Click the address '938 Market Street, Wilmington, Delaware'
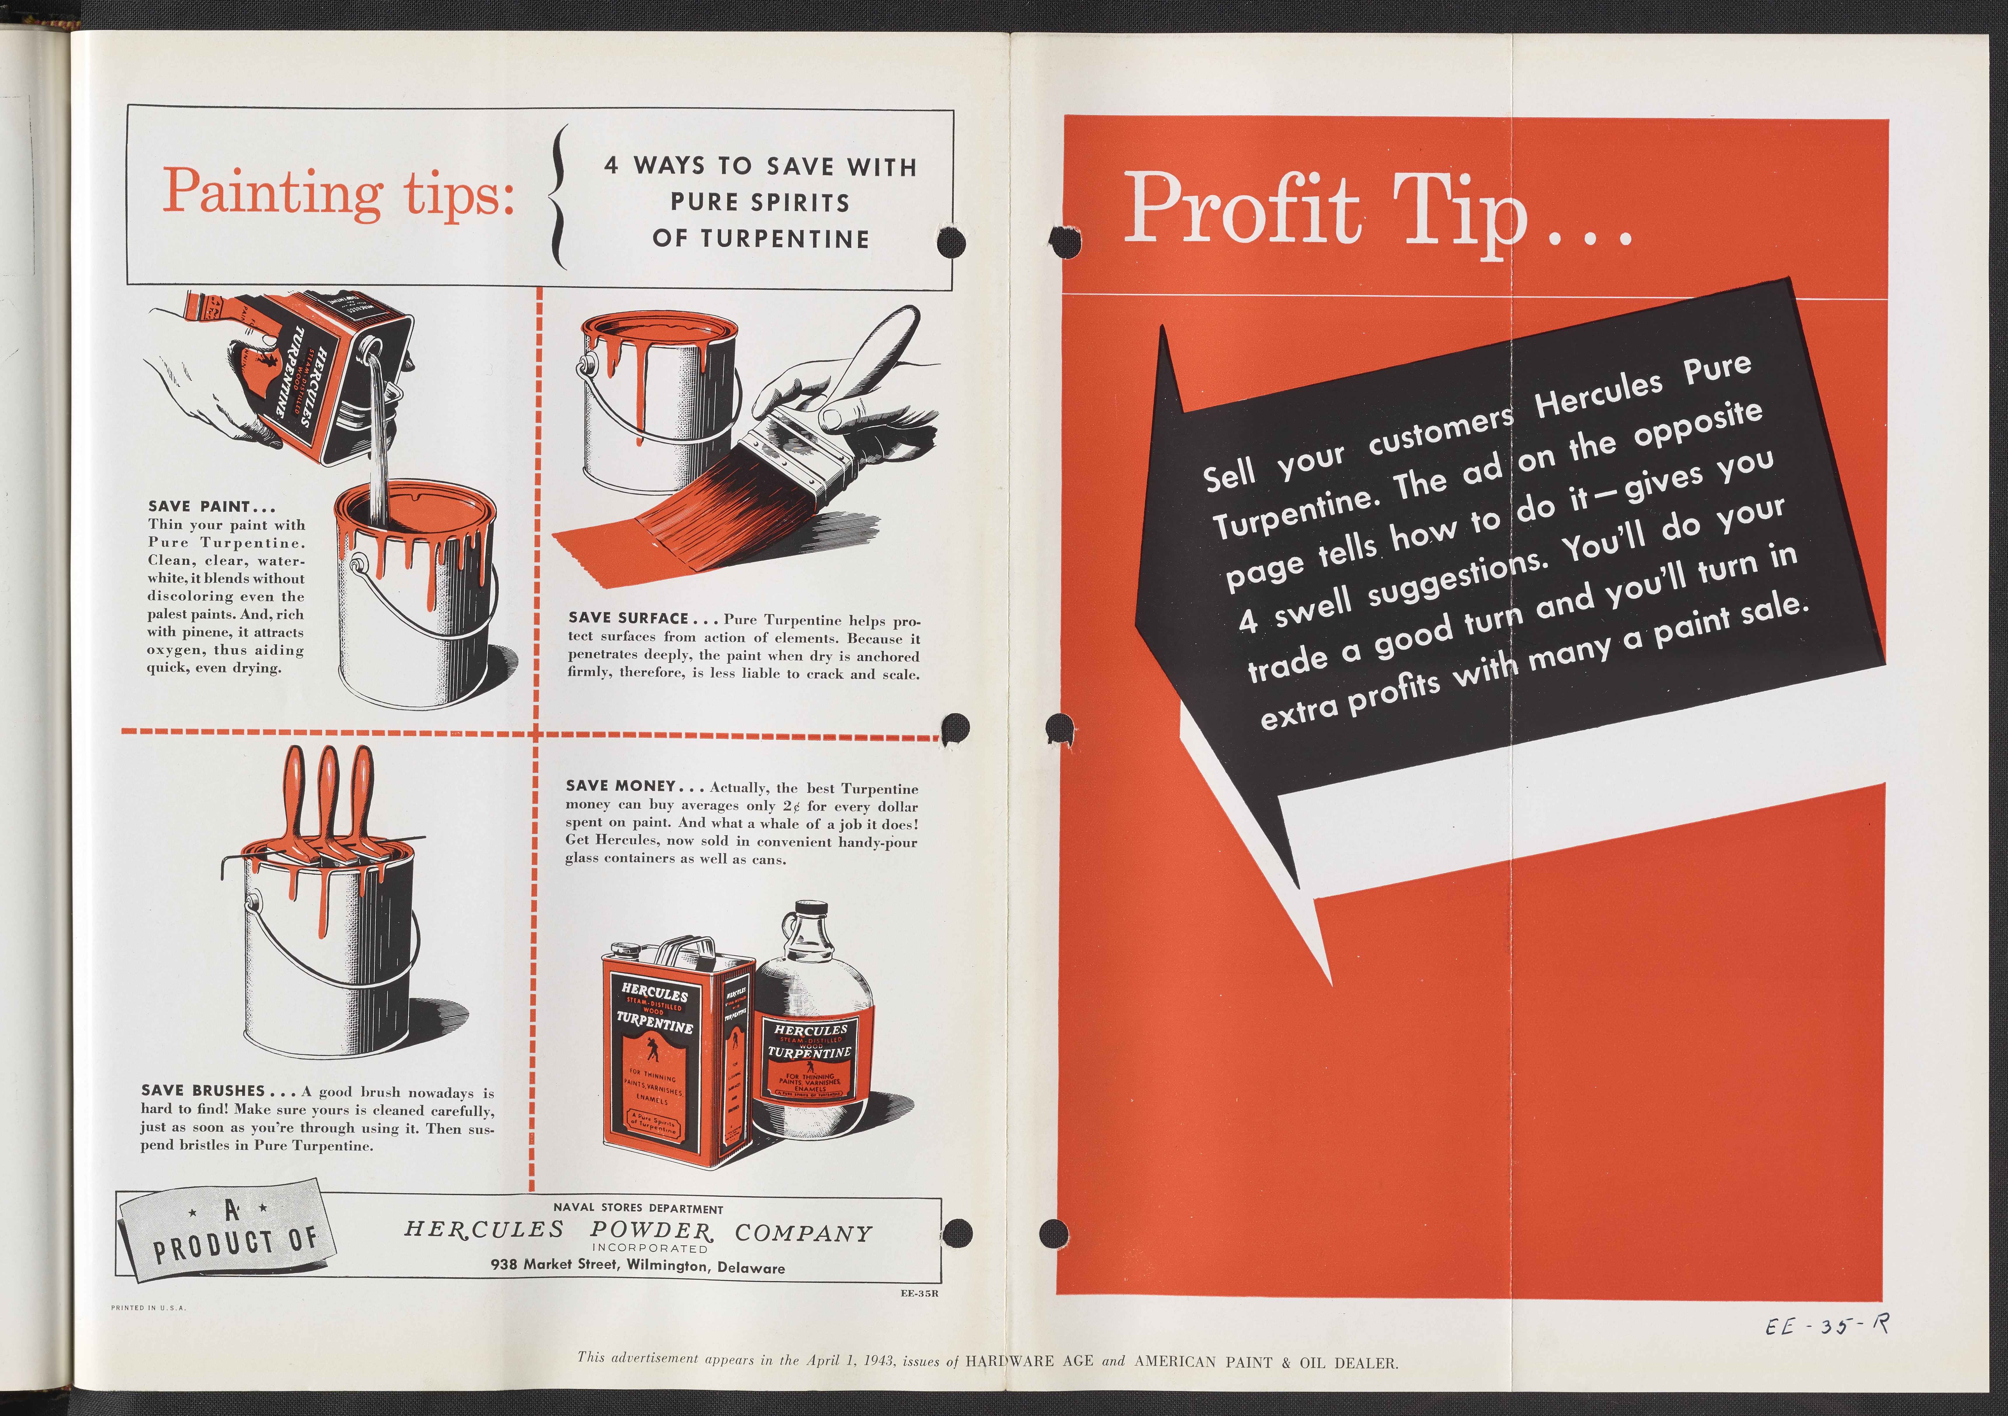click(x=638, y=1265)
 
